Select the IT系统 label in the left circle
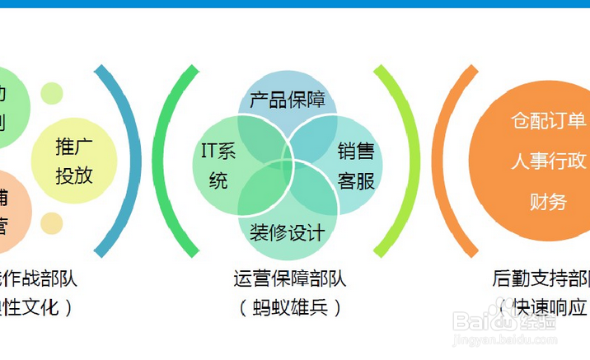(x=218, y=166)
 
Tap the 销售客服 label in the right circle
(x=356, y=166)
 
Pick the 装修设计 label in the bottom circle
(x=287, y=233)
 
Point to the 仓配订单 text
(x=548, y=120)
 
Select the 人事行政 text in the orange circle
(x=548, y=161)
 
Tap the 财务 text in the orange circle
(x=548, y=201)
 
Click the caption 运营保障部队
(x=289, y=279)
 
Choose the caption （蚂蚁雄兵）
(x=289, y=308)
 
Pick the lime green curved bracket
(x=398, y=161)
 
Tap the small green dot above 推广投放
(x=52, y=94)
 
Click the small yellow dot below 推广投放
(x=52, y=223)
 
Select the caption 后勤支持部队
(x=541, y=279)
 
